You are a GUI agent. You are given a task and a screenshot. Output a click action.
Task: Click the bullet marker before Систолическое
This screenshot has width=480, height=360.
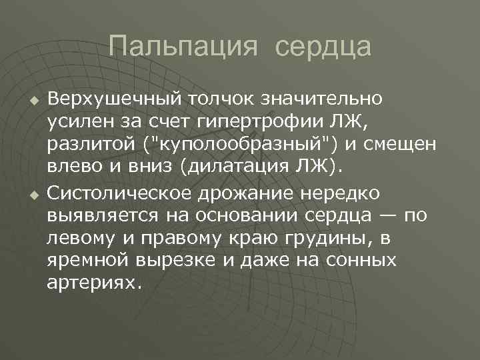[29, 195]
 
